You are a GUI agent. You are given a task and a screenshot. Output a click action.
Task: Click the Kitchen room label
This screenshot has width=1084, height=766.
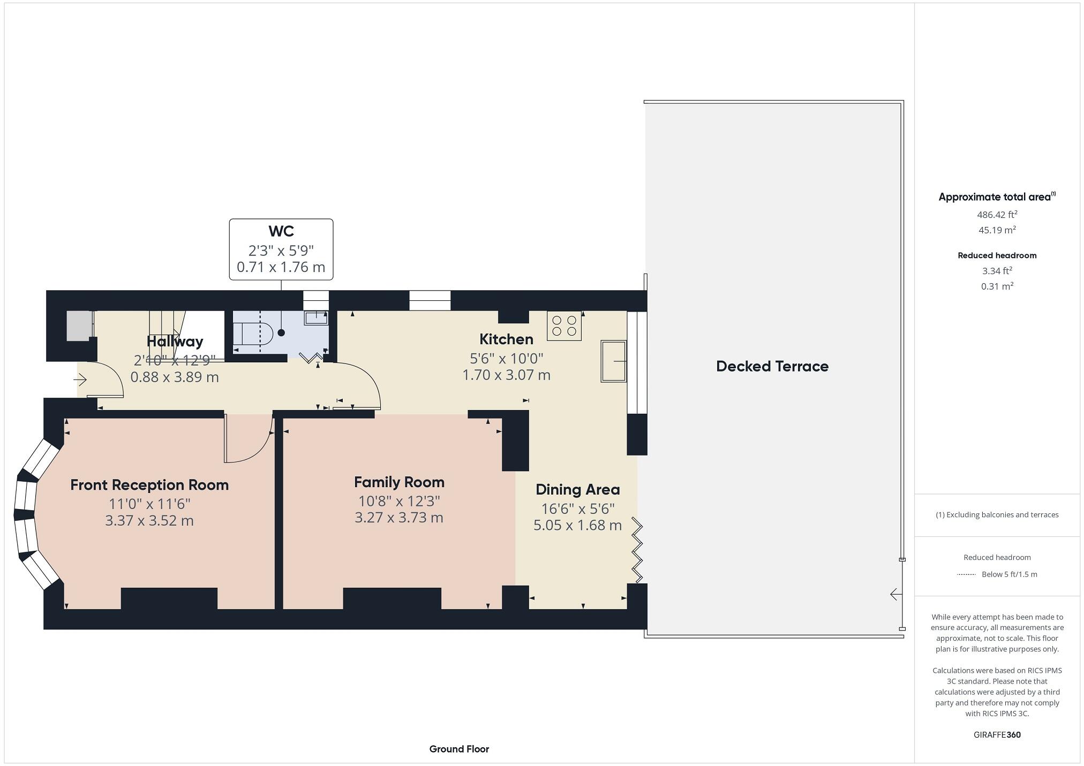tap(506, 339)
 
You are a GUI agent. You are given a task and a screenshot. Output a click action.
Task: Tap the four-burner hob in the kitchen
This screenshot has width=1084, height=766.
tap(564, 326)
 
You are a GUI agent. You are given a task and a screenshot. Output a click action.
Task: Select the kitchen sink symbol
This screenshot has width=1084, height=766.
tap(613, 361)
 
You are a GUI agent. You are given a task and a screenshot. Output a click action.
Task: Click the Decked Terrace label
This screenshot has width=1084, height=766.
tap(772, 367)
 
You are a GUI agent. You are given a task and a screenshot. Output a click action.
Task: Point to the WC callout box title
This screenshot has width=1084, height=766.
tap(281, 231)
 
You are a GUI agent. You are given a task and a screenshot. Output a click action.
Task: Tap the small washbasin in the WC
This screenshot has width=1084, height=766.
tap(316, 318)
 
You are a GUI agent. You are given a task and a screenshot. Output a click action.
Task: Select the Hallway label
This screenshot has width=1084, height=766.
tap(175, 342)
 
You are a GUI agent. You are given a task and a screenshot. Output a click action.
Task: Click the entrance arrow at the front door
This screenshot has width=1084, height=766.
tap(80, 380)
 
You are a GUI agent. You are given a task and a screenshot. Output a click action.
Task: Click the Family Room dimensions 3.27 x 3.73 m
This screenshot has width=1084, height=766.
tap(398, 518)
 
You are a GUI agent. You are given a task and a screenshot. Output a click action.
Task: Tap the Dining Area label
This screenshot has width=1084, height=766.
tap(577, 490)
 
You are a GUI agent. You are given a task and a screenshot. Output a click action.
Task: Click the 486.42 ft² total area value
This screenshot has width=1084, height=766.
tap(997, 215)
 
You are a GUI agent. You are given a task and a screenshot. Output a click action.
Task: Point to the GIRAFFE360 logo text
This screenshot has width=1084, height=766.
tap(997, 735)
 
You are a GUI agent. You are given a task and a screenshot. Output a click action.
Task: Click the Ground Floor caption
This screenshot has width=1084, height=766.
tap(459, 749)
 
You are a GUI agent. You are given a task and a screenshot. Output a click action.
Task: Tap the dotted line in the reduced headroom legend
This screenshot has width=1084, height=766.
tap(966, 575)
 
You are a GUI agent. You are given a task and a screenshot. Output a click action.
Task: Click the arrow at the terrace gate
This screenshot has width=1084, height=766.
tap(895, 594)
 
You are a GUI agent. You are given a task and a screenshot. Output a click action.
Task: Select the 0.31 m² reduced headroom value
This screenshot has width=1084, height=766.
tap(997, 286)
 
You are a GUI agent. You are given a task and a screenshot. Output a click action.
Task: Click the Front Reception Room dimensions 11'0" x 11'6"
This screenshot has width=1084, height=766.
tap(149, 504)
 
